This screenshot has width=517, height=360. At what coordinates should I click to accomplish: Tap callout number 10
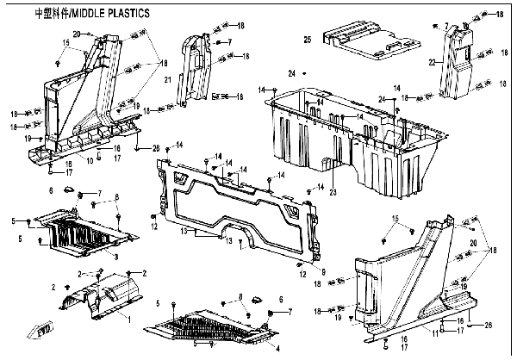click(89, 160)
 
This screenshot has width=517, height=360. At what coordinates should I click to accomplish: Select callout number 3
click(115, 256)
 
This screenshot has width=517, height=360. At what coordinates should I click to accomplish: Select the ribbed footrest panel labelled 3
click(78, 231)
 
